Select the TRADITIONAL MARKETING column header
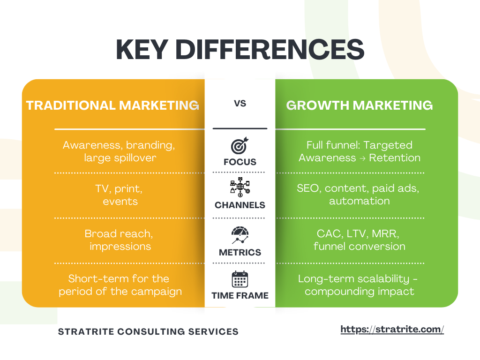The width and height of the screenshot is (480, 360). (113, 105)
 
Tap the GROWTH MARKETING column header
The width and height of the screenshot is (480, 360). (360, 105)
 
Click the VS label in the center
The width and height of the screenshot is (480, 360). (240, 104)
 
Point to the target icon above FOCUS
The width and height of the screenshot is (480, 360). (240, 146)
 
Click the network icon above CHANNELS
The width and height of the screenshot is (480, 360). (240, 187)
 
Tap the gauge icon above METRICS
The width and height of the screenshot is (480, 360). (240, 235)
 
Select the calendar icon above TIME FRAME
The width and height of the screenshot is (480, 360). (240, 280)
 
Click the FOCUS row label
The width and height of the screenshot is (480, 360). (240, 162)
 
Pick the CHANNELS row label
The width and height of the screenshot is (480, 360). (240, 205)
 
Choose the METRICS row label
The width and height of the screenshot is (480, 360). (240, 253)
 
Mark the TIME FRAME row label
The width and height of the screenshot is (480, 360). (240, 296)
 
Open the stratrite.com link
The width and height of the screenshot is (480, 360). (392, 330)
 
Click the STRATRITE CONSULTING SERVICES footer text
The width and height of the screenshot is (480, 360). (148, 332)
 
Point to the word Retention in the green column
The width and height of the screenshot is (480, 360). (395, 157)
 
